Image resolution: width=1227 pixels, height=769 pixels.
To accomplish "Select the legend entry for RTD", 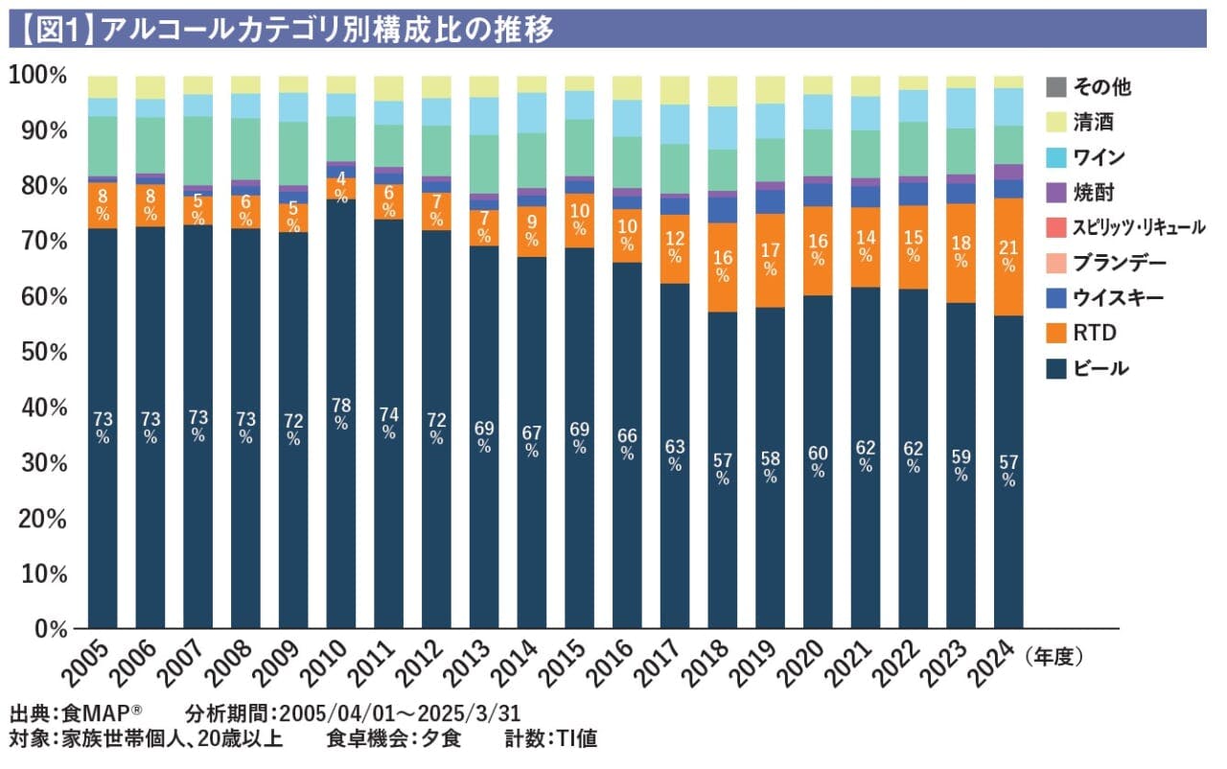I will pyautogui.click(x=1094, y=333).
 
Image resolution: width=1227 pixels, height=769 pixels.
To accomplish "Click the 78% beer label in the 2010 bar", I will pyautogui.click(x=340, y=415).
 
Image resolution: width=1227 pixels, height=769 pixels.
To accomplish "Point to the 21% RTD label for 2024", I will pyautogui.click(x=1007, y=256).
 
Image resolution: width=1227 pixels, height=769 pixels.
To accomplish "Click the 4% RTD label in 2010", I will pyautogui.click(x=340, y=183).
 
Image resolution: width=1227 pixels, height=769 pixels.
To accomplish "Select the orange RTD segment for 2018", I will pyautogui.click(x=722, y=267).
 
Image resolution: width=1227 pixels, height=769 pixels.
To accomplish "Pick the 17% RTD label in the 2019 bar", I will pyautogui.click(x=770, y=261).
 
